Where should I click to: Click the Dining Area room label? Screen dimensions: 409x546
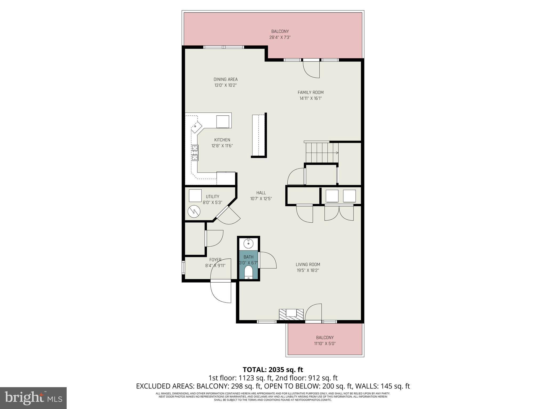click(225, 79)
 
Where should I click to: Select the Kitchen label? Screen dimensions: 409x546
click(222, 140)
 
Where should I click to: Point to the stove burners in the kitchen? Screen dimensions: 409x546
click(195, 153)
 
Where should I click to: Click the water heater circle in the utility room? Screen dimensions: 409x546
click(194, 212)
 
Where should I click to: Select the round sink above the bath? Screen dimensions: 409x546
click(248, 243)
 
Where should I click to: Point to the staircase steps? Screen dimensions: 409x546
click(322, 153)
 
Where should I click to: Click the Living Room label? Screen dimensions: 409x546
click(308, 264)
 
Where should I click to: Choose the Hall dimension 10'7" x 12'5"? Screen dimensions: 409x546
click(261, 199)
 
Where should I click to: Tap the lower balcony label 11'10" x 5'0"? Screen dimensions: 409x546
click(324, 343)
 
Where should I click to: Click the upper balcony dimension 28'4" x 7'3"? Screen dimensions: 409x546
click(280, 38)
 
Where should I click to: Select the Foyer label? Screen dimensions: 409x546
click(215, 260)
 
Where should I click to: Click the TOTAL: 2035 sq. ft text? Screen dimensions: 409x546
click(273, 370)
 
